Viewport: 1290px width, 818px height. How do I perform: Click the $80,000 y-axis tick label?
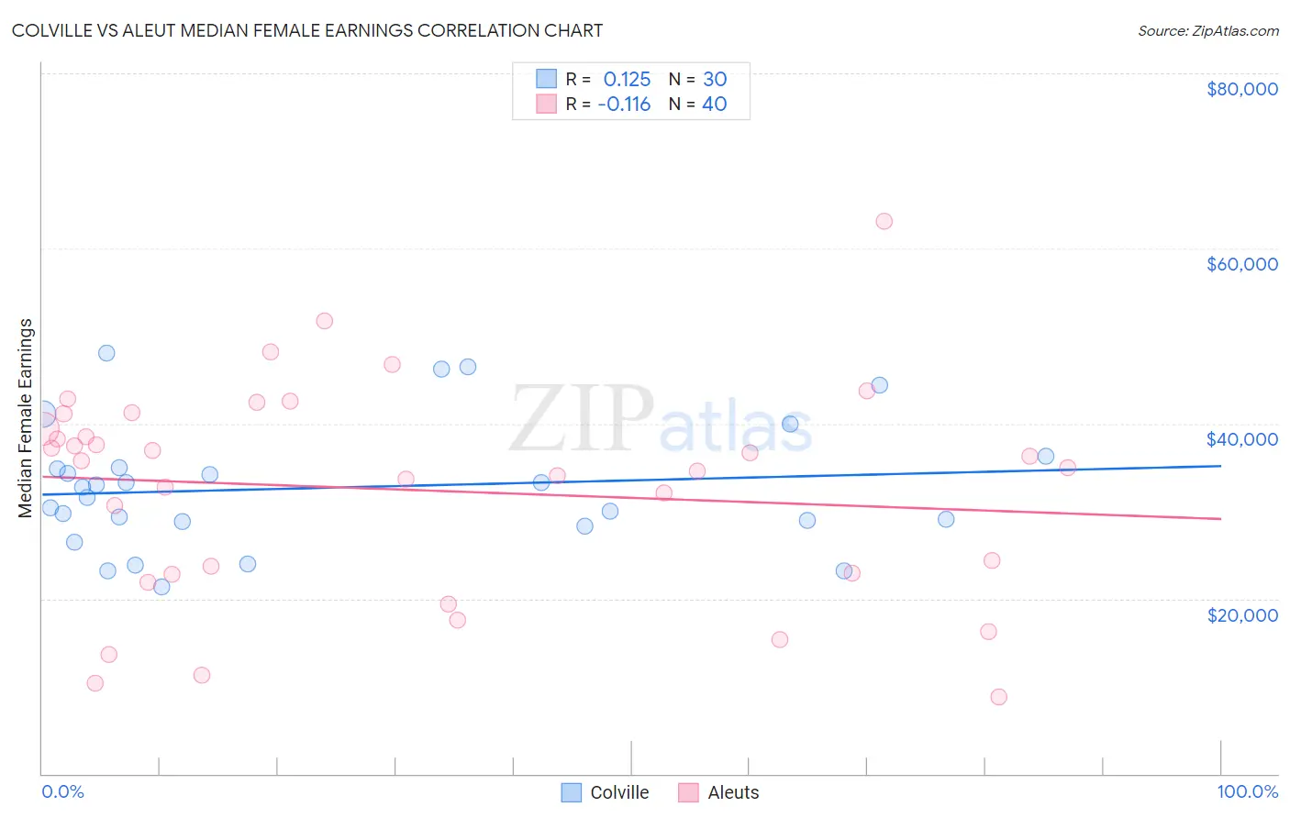pos(1241,89)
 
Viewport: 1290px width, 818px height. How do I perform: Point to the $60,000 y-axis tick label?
pos(1241,264)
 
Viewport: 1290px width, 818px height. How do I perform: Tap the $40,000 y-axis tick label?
pos(1241,439)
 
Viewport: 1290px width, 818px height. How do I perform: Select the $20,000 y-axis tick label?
pos(1241,614)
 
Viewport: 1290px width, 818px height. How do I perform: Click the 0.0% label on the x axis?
pos(62,791)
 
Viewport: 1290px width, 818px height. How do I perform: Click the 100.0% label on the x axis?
pos(1247,791)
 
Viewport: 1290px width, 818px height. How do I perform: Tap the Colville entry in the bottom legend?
pos(618,792)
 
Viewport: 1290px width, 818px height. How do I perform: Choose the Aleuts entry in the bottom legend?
pos(732,792)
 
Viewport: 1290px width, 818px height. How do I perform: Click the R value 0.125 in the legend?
pos(627,79)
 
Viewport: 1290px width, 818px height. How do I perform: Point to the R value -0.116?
pos(624,105)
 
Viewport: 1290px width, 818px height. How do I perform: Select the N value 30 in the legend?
pos(715,79)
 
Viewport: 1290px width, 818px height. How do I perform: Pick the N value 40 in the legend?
pos(715,105)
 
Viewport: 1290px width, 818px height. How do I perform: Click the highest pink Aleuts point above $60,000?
pos(884,221)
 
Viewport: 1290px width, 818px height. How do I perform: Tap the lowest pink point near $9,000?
pos(998,697)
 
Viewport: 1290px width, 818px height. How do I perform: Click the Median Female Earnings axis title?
pos(26,418)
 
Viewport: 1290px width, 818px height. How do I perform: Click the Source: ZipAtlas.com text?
pos(1207,31)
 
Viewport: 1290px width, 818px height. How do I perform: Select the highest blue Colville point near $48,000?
pos(106,353)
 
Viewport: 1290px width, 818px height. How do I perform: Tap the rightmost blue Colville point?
pos(1045,457)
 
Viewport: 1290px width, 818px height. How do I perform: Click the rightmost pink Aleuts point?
pos(1067,468)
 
